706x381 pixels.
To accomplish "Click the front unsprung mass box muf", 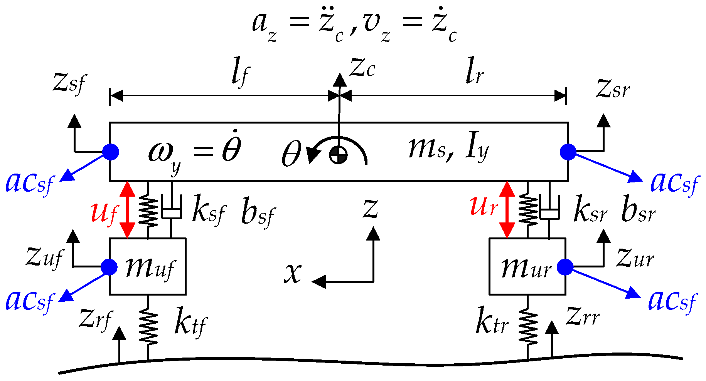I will click(148, 266).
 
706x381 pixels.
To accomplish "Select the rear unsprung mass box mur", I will click(527, 266).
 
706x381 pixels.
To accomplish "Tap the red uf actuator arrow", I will click(127, 210).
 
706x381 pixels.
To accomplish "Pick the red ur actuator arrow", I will click(507, 210).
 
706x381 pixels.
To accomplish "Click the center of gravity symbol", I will click(339, 155).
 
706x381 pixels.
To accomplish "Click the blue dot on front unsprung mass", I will click(109, 267).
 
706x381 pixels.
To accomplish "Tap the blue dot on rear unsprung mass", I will click(566, 267).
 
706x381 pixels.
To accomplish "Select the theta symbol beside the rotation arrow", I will click(291, 154).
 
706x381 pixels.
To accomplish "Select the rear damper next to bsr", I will click(549, 211).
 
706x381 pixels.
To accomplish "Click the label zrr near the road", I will click(583, 317).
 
